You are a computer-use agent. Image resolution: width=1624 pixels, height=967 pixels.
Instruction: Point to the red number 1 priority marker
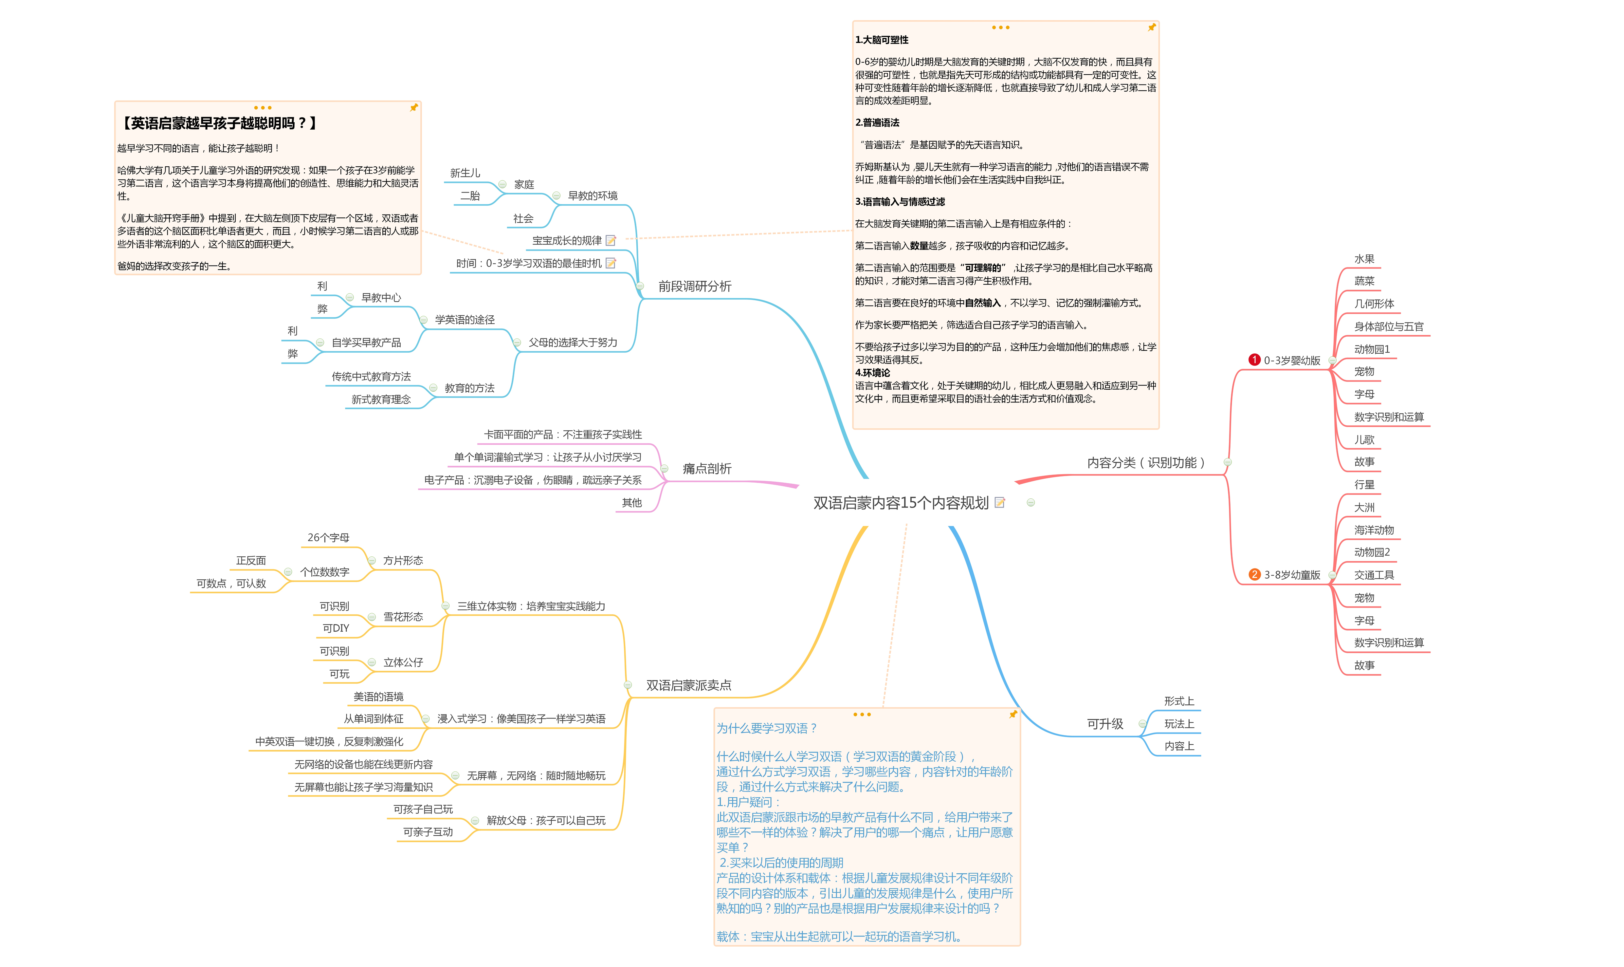click(1254, 360)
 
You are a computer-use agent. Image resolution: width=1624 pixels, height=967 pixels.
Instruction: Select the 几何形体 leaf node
click(1374, 304)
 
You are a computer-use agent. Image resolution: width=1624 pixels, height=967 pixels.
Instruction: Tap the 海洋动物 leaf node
click(1374, 530)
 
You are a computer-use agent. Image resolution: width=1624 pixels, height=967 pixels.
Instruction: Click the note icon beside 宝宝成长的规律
click(611, 240)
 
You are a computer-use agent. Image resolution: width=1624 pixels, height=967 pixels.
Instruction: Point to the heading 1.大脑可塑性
click(881, 40)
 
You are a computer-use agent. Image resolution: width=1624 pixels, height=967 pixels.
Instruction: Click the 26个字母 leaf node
click(328, 538)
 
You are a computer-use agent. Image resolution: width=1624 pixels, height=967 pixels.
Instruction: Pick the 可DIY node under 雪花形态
click(336, 628)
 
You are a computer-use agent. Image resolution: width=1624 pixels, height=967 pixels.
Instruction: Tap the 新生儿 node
click(465, 173)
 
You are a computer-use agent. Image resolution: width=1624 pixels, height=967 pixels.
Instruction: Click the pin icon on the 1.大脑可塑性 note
click(1151, 28)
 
